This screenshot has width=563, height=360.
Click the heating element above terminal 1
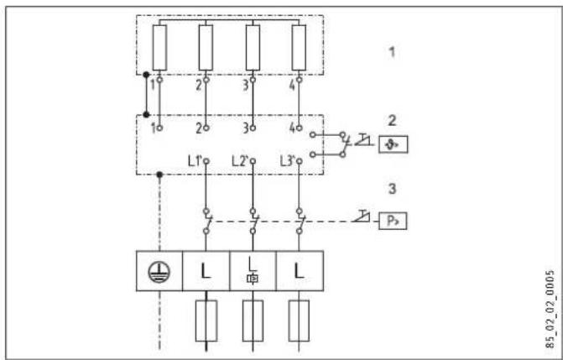click(159, 49)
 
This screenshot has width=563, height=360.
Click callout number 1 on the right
click(393, 52)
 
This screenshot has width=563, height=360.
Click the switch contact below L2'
click(253, 221)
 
